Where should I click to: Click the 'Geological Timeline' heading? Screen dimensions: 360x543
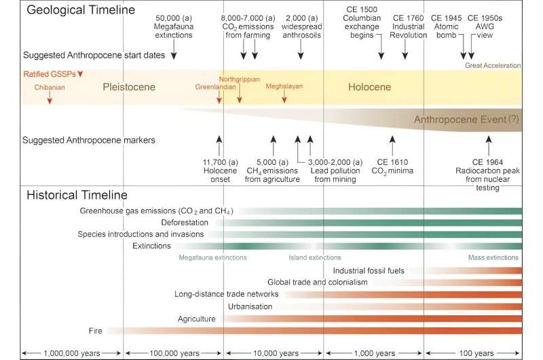[x=81, y=11]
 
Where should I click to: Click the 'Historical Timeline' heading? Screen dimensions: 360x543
[x=77, y=195]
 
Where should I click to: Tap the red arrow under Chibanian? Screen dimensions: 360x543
[x=50, y=98]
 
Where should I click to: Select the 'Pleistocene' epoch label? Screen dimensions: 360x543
[x=129, y=87]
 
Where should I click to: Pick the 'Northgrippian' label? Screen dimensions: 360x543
[x=239, y=79]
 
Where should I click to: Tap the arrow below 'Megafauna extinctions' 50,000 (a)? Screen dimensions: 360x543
[x=174, y=50]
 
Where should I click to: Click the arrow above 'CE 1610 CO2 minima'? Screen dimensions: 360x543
[x=392, y=145]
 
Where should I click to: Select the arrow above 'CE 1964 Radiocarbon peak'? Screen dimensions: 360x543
[x=489, y=145]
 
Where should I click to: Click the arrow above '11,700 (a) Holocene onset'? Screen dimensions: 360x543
[x=219, y=145]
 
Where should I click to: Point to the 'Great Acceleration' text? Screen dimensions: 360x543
[x=492, y=66]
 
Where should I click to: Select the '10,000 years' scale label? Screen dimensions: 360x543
[x=274, y=353]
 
